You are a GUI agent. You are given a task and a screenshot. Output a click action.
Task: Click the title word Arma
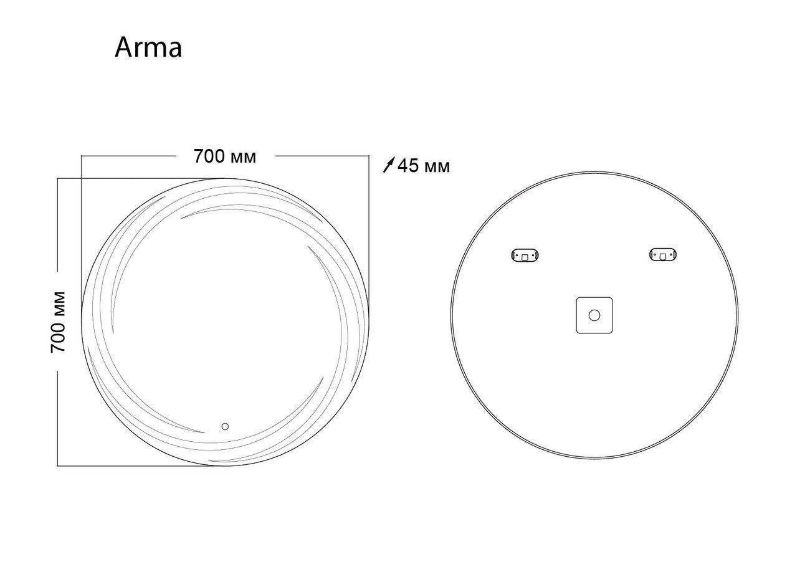point(148,48)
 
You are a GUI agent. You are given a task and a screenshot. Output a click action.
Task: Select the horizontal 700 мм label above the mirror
point(225,156)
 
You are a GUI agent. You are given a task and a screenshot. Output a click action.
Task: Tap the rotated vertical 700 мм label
point(59,322)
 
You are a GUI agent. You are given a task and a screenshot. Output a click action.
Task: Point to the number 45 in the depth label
point(408,166)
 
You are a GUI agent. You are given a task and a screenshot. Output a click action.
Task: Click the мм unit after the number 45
point(436,167)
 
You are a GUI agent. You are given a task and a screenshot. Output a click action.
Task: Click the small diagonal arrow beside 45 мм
point(389,165)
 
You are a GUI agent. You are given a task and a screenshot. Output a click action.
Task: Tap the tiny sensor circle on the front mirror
point(225,427)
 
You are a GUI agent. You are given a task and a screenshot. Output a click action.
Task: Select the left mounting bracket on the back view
point(525,255)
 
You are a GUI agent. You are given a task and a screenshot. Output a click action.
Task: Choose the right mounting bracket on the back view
point(663,254)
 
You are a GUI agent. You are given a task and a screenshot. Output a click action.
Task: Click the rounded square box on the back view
point(594,315)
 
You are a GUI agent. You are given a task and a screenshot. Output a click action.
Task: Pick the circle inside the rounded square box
point(594,315)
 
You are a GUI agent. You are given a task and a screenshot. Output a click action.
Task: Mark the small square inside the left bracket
point(525,255)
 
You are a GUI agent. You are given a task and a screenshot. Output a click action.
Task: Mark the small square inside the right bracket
point(663,255)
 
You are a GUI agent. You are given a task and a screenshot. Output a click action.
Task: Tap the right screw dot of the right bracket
point(672,254)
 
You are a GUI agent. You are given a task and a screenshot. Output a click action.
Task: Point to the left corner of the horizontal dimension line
point(82,156)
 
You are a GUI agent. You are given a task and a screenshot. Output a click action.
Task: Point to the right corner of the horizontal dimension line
point(368,156)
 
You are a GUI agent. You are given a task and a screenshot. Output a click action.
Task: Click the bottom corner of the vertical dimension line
point(57,465)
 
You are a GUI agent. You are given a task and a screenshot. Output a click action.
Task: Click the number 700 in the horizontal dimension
point(209,156)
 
